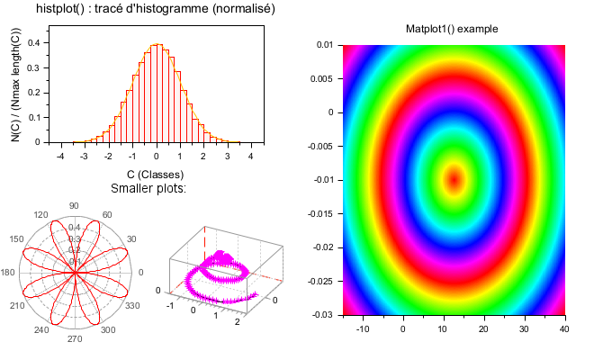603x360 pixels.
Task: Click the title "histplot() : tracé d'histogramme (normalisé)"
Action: pos(156,9)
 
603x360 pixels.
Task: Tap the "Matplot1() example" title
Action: pos(452,30)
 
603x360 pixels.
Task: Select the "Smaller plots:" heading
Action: pos(148,189)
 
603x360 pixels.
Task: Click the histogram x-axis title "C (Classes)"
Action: pos(155,174)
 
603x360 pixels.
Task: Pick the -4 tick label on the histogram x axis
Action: pos(59,156)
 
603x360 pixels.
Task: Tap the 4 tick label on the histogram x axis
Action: pos(250,156)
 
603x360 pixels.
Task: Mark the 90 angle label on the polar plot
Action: pos(74,206)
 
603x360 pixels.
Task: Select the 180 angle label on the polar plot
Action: pos(9,273)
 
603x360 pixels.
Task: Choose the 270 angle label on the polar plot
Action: pos(74,340)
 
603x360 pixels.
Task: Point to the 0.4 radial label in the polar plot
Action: pos(75,227)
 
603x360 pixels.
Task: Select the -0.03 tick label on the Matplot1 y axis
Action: pos(322,314)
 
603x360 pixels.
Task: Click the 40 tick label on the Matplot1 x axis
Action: pos(563,329)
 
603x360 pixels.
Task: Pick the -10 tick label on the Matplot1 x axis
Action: pos(364,329)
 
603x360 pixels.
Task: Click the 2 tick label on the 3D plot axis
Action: pos(237,320)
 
